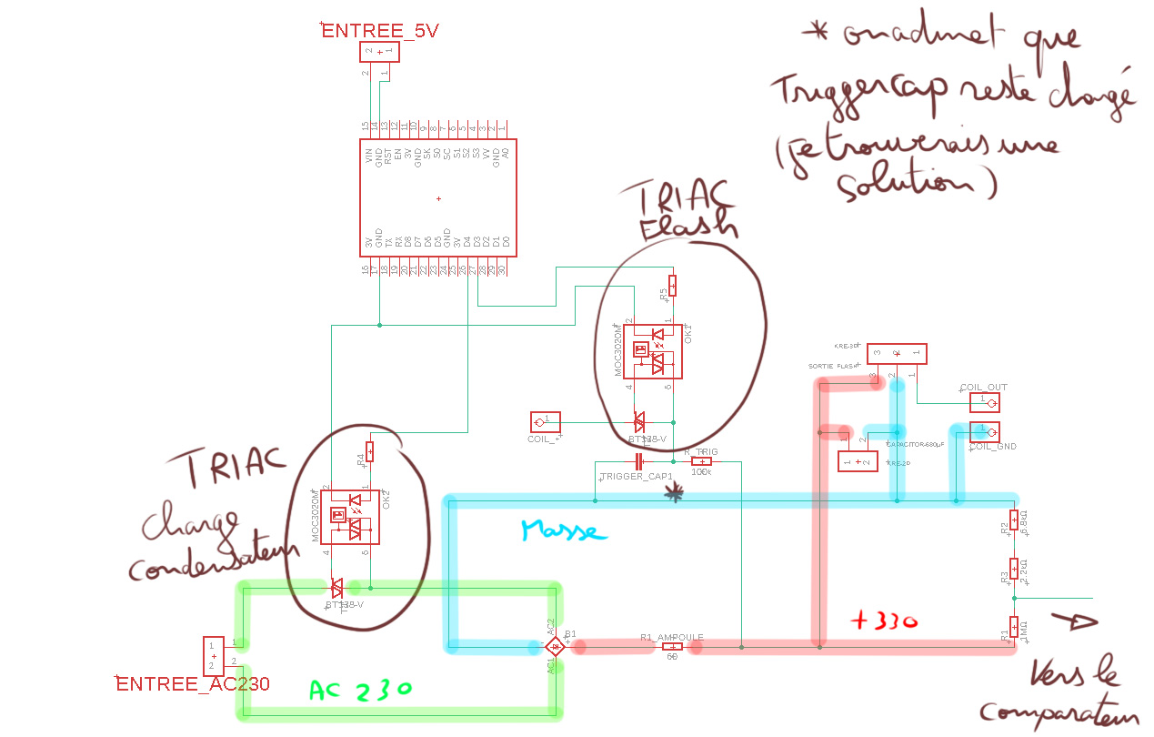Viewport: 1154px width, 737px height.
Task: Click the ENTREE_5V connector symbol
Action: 380,54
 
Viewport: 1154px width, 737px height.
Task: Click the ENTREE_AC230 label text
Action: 193,683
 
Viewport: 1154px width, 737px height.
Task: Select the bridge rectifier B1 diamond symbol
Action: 555,646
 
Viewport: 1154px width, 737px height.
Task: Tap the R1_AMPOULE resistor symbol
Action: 673,646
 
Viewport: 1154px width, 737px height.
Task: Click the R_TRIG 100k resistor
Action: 701,461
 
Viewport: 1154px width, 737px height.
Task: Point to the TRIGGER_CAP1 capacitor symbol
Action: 638,461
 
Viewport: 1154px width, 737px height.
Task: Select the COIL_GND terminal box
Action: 985,431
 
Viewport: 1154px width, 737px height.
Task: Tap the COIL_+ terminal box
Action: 545,421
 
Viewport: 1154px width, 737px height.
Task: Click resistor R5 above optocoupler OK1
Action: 672,288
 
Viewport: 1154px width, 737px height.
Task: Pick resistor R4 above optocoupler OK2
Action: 369,452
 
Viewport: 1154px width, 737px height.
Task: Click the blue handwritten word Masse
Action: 564,530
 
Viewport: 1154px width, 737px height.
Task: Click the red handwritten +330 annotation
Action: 883,622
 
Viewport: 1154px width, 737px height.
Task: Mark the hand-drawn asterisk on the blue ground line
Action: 674,493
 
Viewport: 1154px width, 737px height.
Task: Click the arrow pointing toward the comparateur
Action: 1073,622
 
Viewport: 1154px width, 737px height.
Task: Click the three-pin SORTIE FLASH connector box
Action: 896,354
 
